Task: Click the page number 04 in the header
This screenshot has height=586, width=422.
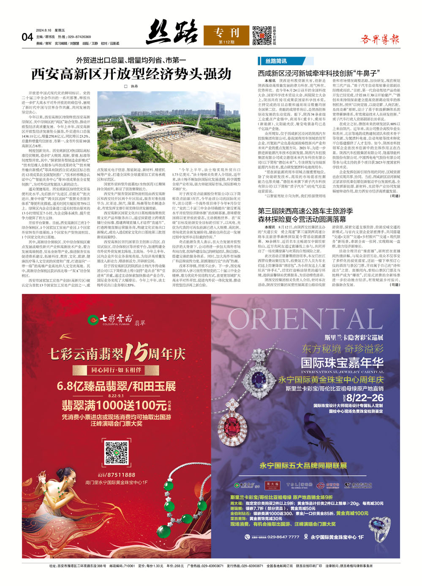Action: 27,37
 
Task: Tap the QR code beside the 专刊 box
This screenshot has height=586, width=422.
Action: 262,35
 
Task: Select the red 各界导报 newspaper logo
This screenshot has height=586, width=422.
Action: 380,40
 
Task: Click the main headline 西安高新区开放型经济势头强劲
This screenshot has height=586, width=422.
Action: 131,74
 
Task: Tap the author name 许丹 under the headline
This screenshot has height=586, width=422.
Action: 132,86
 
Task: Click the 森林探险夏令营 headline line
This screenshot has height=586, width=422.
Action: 302,220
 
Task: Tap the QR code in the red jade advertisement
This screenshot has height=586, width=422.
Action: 117,452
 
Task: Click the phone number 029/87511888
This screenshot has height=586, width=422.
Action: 117,475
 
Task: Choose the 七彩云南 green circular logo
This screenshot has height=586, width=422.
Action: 93,320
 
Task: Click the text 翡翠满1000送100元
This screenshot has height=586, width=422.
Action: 114,405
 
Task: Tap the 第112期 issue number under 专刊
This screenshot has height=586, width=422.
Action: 226,42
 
